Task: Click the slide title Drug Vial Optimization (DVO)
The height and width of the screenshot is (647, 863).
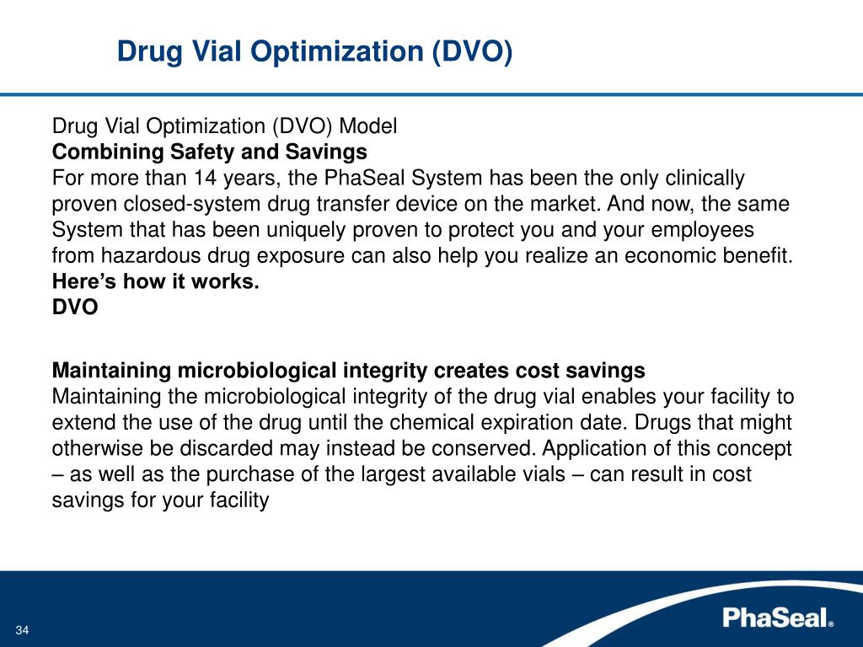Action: click(x=314, y=51)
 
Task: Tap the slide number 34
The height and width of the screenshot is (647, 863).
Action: click(x=23, y=632)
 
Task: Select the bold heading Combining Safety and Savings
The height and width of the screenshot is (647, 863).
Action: click(x=210, y=152)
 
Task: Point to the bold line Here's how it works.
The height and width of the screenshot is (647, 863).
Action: click(x=156, y=282)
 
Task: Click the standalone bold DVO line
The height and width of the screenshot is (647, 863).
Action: click(x=75, y=307)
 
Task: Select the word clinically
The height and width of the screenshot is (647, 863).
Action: click(x=703, y=179)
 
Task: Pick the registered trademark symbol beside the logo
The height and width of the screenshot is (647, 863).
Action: click(x=831, y=624)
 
